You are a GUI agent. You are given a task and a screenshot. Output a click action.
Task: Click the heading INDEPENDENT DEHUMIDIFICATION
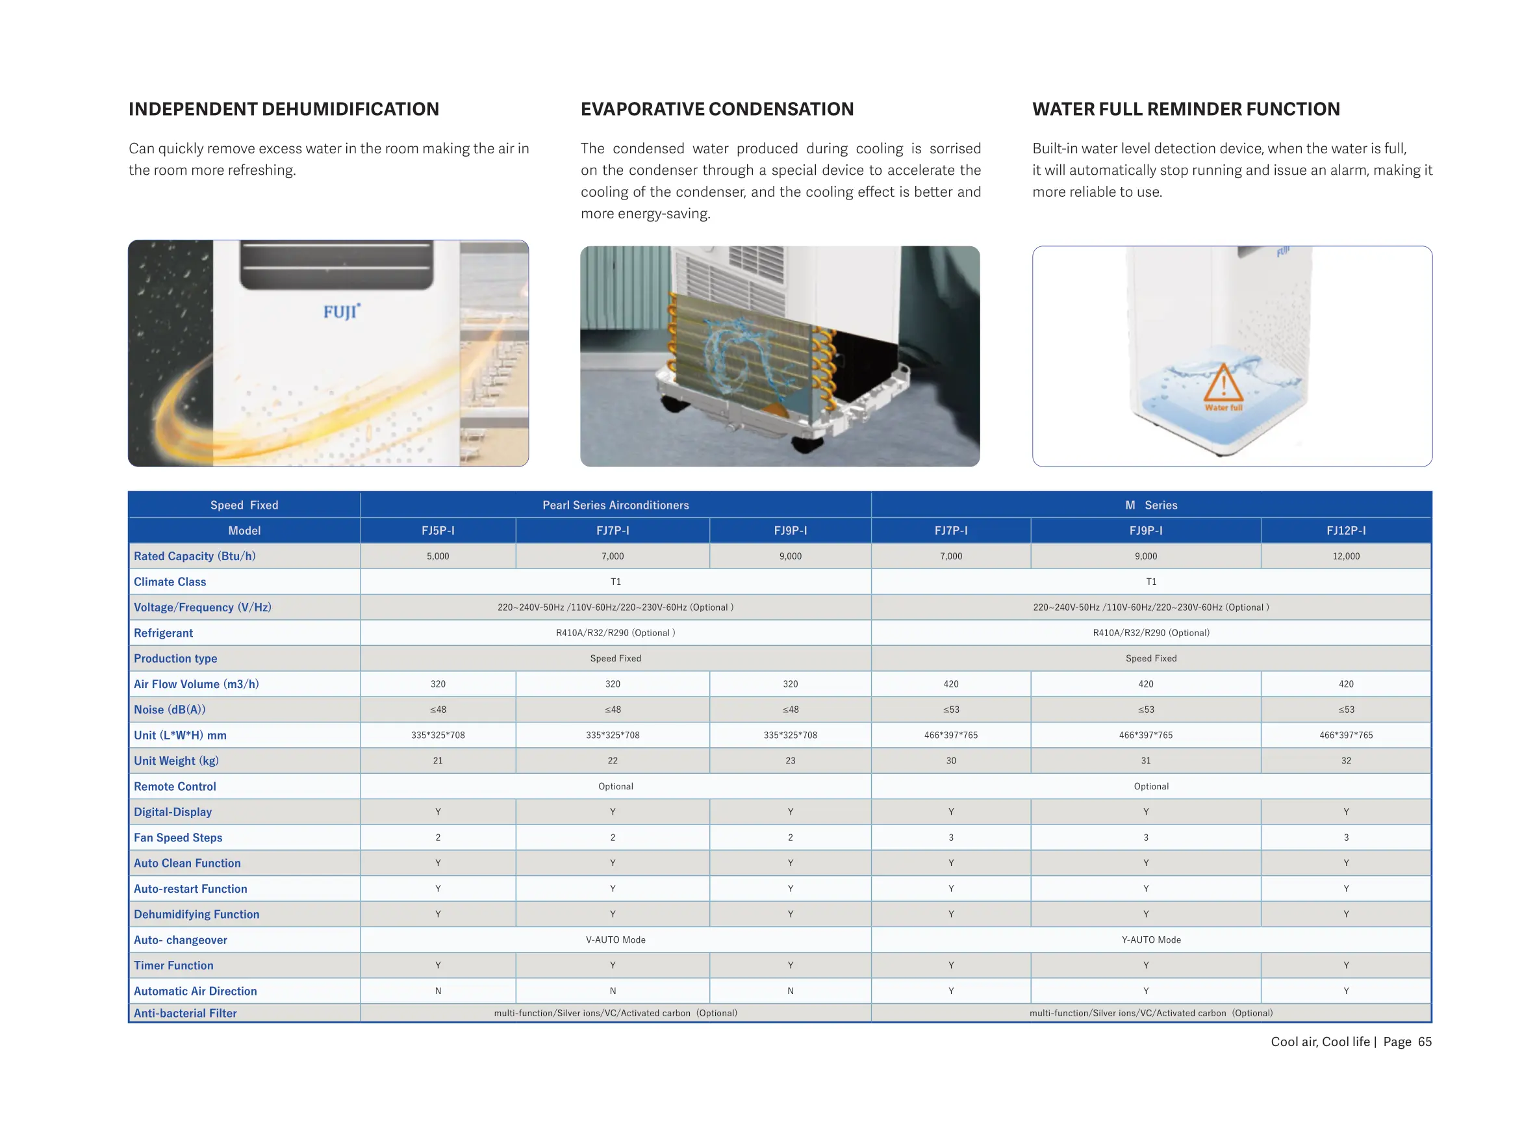click(283, 109)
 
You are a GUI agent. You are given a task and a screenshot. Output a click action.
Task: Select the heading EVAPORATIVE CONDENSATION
click(716, 109)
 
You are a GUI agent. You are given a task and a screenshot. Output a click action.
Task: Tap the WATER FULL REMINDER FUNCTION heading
click(1185, 109)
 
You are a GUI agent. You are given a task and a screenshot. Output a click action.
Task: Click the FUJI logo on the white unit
click(340, 311)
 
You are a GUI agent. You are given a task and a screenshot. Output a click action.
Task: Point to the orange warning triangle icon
click(1223, 383)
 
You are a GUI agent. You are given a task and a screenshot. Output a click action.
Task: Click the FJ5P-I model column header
click(437, 530)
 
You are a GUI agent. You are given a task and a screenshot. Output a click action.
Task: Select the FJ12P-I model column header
click(1345, 530)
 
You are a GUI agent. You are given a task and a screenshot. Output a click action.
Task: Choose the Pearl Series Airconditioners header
click(615, 505)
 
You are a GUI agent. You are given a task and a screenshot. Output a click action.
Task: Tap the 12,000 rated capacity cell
click(1345, 556)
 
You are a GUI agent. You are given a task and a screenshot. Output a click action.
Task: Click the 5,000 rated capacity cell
click(437, 556)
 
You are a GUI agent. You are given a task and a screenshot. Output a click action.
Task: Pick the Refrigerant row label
click(164, 633)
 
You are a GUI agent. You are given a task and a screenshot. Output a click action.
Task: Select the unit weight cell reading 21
click(437, 761)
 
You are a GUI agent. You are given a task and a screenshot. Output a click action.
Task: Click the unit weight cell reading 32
click(1345, 761)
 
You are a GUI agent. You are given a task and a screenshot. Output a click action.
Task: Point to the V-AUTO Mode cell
click(615, 940)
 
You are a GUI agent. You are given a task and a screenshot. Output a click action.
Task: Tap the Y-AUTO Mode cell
click(1150, 940)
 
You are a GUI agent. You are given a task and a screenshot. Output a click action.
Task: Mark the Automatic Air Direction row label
click(196, 991)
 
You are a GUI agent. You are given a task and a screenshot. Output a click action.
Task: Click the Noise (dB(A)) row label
click(170, 710)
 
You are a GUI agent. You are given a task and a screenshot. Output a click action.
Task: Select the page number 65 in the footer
click(1424, 1042)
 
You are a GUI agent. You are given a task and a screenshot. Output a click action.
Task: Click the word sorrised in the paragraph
click(954, 149)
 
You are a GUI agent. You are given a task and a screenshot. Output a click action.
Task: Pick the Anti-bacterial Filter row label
click(185, 1014)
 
